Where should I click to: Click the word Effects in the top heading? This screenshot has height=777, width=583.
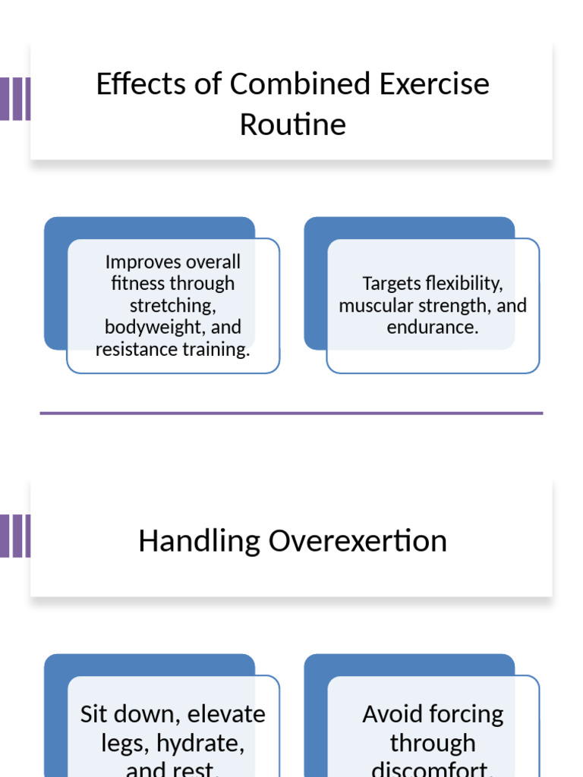(141, 84)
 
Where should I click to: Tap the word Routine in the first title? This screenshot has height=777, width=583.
(292, 124)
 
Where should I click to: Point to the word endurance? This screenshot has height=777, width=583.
(432, 328)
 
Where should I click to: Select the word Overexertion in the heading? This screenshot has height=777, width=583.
(358, 541)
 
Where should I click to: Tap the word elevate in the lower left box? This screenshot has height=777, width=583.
(226, 715)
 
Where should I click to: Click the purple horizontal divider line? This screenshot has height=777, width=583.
(291, 414)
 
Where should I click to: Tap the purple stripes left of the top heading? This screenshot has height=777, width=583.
(15, 99)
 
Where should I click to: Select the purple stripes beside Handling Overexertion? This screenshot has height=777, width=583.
(15, 536)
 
